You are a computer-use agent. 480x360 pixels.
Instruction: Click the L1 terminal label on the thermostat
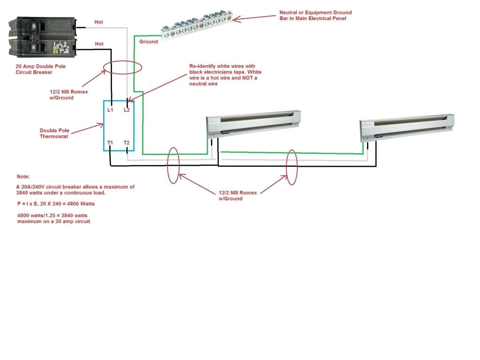[x=111, y=110]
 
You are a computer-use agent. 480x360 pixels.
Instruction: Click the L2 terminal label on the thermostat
[x=127, y=110]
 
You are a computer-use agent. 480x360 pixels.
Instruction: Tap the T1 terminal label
[x=111, y=142]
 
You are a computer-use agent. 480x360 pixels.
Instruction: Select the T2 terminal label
[x=127, y=142]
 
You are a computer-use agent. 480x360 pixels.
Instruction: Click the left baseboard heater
[x=253, y=124]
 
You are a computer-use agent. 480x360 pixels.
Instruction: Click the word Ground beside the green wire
[x=149, y=42]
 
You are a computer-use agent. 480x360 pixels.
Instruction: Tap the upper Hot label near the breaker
[x=99, y=22]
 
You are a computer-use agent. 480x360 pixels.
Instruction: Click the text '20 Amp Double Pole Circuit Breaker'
[x=40, y=69]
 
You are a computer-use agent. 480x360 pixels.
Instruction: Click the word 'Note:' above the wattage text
[x=23, y=177]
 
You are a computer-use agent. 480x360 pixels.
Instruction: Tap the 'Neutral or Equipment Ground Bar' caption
[x=315, y=15]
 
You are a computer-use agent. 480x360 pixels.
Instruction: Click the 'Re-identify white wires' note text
[x=225, y=75]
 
